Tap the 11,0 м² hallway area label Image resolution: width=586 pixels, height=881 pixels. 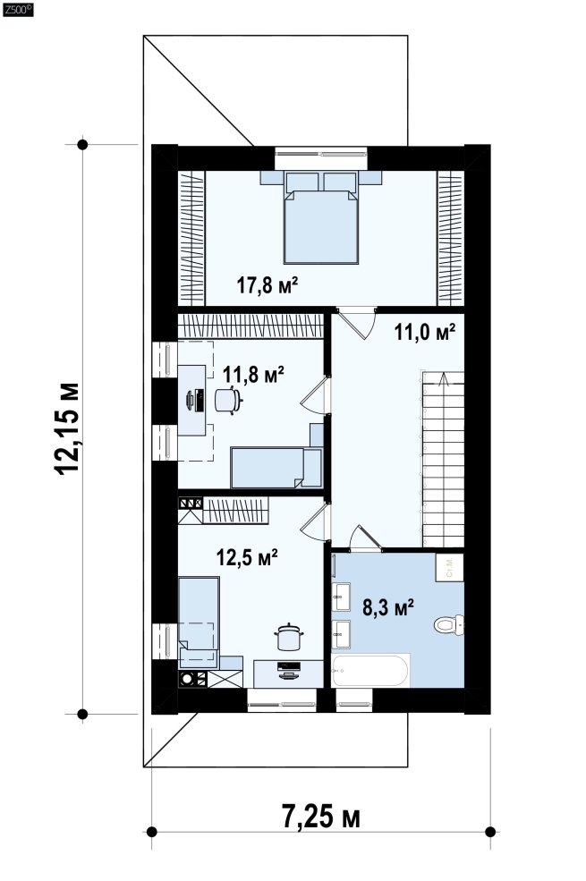(x=424, y=332)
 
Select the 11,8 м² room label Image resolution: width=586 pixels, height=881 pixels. (x=253, y=374)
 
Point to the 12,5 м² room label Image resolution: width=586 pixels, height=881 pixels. (x=247, y=557)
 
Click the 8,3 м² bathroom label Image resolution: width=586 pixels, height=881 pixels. (x=388, y=607)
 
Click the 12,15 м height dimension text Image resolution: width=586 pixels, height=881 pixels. (x=67, y=428)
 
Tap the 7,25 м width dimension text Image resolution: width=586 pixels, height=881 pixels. (x=321, y=817)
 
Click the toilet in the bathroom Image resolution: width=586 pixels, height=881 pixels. (x=449, y=625)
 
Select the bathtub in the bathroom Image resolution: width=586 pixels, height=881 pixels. (x=370, y=670)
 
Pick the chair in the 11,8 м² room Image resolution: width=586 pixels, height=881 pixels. (x=228, y=400)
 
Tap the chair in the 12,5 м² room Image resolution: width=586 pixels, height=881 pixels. (x=289, y=638)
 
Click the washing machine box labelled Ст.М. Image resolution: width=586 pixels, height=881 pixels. (x=450, y=567)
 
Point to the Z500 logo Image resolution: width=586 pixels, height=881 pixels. (x=18, y=9)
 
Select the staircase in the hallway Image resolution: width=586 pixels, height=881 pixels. (x=443, y=459)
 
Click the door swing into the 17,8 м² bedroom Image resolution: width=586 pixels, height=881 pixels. (x=357, y=322)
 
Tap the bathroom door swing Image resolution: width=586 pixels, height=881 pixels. (x=365, y=538)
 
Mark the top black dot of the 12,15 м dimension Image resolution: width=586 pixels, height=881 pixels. (x=82, y=144)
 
